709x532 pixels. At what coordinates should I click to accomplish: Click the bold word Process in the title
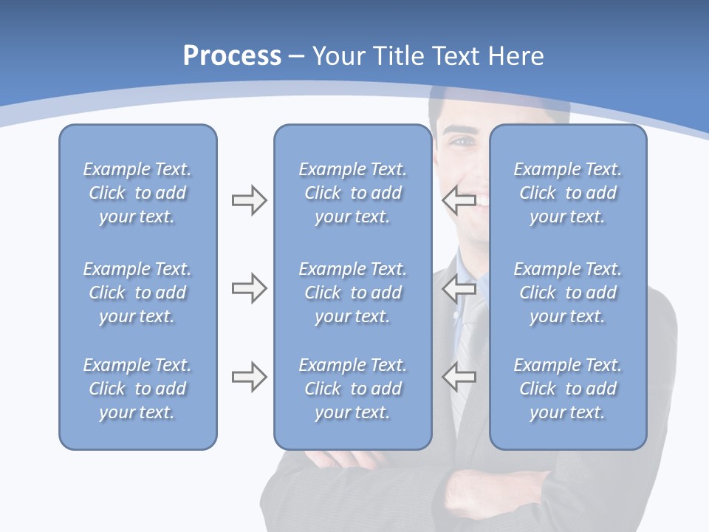point(232,56)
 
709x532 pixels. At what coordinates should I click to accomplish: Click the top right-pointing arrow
point(249,200)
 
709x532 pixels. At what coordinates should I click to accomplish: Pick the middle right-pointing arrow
point(249,288)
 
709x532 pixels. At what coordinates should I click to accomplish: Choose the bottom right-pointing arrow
point(249,377)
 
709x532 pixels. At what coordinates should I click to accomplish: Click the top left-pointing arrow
point(459,200)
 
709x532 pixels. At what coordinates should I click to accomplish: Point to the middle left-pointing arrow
point(459,288)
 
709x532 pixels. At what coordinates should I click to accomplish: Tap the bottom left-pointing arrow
point(459,377)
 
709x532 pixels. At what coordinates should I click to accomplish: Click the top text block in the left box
point(137,193)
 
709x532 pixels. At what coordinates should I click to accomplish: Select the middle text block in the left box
point(137,293)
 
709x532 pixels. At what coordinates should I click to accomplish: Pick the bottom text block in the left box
point(137,389)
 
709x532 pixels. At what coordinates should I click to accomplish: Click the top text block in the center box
point(352,193)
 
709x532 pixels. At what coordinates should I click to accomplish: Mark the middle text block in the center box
point(352,293)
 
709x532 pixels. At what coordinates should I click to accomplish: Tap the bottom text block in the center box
point(352,389)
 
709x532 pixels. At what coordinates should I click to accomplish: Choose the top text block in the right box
point(567,193)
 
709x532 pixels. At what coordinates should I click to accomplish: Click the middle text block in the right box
point(567,293)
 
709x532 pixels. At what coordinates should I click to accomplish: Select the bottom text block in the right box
point(567,389)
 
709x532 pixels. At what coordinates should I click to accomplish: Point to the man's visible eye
point(462,140)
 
